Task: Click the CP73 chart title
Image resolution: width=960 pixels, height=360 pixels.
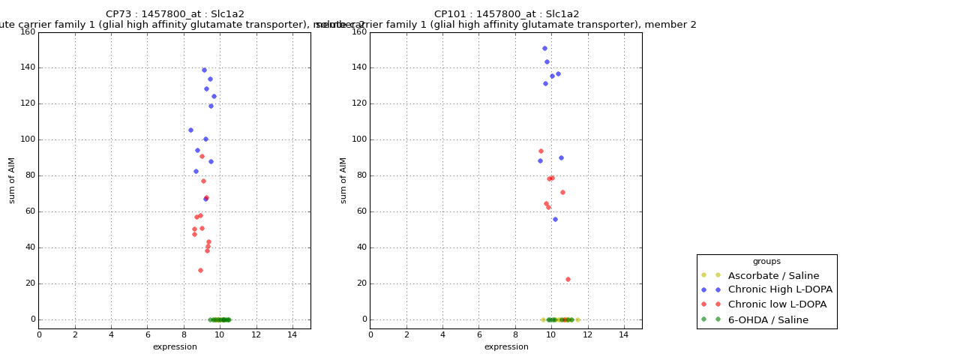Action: coord(175,14)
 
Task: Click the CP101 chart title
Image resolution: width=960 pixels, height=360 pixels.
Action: coord(506,14)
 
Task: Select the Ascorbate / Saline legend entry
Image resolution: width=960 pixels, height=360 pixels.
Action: coord(773,276)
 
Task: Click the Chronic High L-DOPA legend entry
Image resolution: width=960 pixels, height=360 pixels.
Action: coord(780,290)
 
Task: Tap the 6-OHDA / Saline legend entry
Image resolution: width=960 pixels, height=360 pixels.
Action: coord(768,320)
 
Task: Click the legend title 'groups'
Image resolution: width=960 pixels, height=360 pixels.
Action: coord(766,262)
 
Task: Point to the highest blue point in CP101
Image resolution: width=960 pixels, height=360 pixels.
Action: coord(544,49)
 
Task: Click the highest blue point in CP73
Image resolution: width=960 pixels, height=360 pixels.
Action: coord(204,70)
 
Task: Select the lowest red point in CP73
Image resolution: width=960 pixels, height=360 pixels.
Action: coord(200,270)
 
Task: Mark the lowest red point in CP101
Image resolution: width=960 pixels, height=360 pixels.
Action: coord(568,279)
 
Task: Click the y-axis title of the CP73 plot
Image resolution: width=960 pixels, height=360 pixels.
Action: coord(12,180)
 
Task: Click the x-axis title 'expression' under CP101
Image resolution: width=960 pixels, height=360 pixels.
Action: coord(506,347)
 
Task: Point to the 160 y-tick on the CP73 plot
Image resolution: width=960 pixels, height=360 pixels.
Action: coord(28,32)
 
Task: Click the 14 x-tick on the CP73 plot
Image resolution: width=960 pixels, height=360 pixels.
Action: coord(292,334)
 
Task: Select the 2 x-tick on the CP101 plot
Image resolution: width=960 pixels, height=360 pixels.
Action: coord(406,334)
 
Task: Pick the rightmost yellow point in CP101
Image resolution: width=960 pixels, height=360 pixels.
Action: coord(577,319)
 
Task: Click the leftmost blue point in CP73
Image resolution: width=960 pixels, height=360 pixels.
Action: coord(190,130)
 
